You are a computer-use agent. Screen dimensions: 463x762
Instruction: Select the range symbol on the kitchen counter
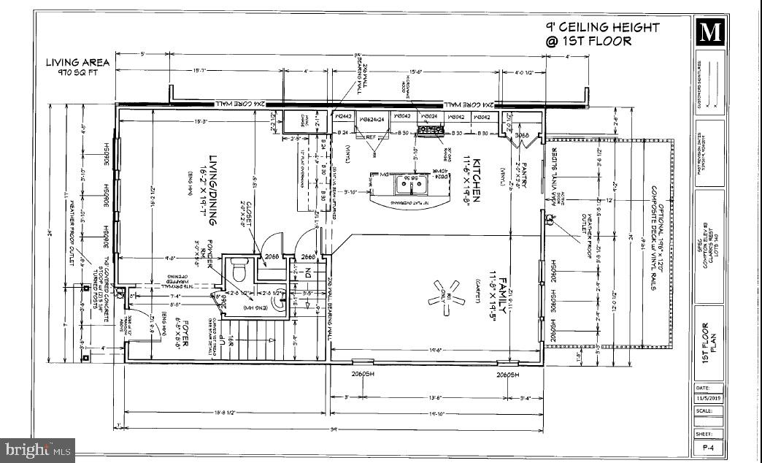tap(430, 130)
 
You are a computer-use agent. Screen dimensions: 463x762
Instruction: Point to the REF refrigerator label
tap(371, 137)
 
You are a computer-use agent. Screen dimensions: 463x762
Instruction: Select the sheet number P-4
tap(707, 446)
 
